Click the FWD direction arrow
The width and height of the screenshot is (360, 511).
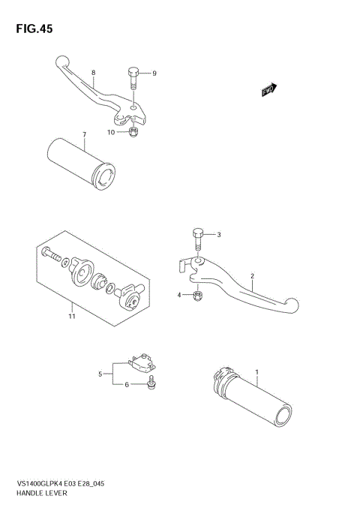(269, 90)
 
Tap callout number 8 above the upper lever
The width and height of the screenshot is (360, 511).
(93, 73)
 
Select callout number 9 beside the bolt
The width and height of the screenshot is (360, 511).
(154, 74)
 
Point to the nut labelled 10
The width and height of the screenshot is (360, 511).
(133, 134)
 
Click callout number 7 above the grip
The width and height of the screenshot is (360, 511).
(84, 135)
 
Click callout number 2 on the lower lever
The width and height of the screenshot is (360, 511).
(253, 276)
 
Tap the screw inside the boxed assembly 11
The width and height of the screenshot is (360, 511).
(52, 254)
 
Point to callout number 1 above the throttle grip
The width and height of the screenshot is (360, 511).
(256, 372)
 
